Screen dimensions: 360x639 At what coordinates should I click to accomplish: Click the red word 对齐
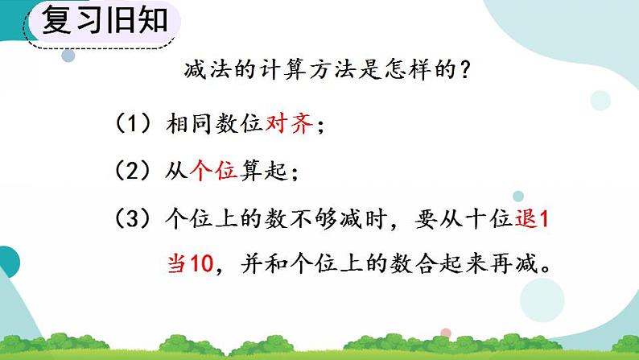tap(288, 125)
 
